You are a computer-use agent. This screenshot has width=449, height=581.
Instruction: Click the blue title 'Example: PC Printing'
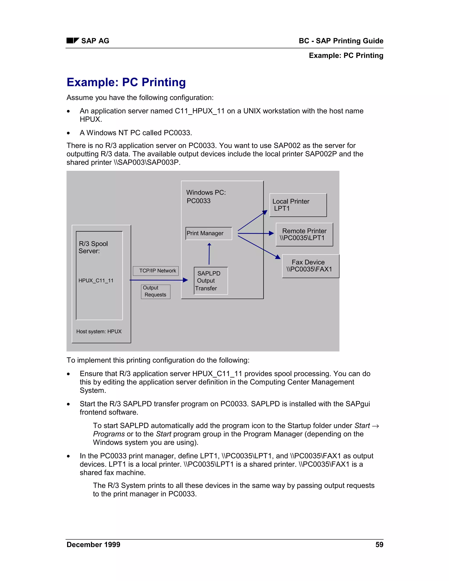click(x=126, y=82)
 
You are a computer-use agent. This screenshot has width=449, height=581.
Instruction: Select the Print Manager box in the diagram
click(x=208, y=233)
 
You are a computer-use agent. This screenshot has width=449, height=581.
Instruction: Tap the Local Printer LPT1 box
click(x=298, y=205)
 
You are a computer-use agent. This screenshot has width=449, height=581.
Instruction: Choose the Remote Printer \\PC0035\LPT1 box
click(x=304, y=234)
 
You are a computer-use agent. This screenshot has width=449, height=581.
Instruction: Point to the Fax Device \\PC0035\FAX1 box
click(x=310, y=266)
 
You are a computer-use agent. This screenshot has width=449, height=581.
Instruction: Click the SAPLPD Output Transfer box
click(x=211, y=281)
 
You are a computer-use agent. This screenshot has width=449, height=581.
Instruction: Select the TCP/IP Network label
click(x=156, y=271)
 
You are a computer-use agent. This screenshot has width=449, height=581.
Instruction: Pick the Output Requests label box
click(x=156, y=292)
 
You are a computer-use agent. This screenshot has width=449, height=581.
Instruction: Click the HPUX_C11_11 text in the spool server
click(x=96, y=280)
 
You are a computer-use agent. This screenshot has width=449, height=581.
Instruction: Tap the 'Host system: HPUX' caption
click(x=99, y=331)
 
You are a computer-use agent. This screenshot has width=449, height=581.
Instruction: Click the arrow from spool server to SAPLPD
click(x=159, y=280)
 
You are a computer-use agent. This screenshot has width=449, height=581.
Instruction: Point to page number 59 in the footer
click(x=379, y=545)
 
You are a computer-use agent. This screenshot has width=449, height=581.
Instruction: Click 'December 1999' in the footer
click(x=93, y=545)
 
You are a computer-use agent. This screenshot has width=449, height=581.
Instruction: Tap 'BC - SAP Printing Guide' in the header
click(x=341, y=41)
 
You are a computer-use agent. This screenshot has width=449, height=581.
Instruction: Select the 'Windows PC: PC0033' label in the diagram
click(x=206, y=196)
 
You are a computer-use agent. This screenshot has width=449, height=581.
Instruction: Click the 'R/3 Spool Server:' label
click(x=93, y=247)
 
